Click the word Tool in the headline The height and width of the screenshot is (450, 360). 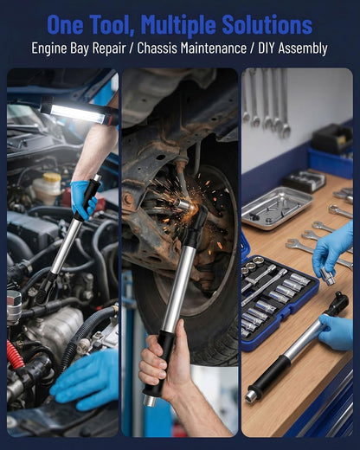tap(111, 25)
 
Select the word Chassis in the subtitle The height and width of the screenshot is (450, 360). tap(157, 48)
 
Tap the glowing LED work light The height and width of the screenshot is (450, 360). tap(75, 113)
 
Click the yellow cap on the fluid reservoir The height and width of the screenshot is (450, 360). tap(52, 177)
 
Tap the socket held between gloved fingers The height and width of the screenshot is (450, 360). tap(328, 275)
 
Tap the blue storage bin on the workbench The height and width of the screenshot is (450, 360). tap(331, 162)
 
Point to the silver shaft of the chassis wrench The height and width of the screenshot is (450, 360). tap(179, 288)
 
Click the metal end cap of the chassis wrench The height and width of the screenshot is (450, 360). tap(150, 401)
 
